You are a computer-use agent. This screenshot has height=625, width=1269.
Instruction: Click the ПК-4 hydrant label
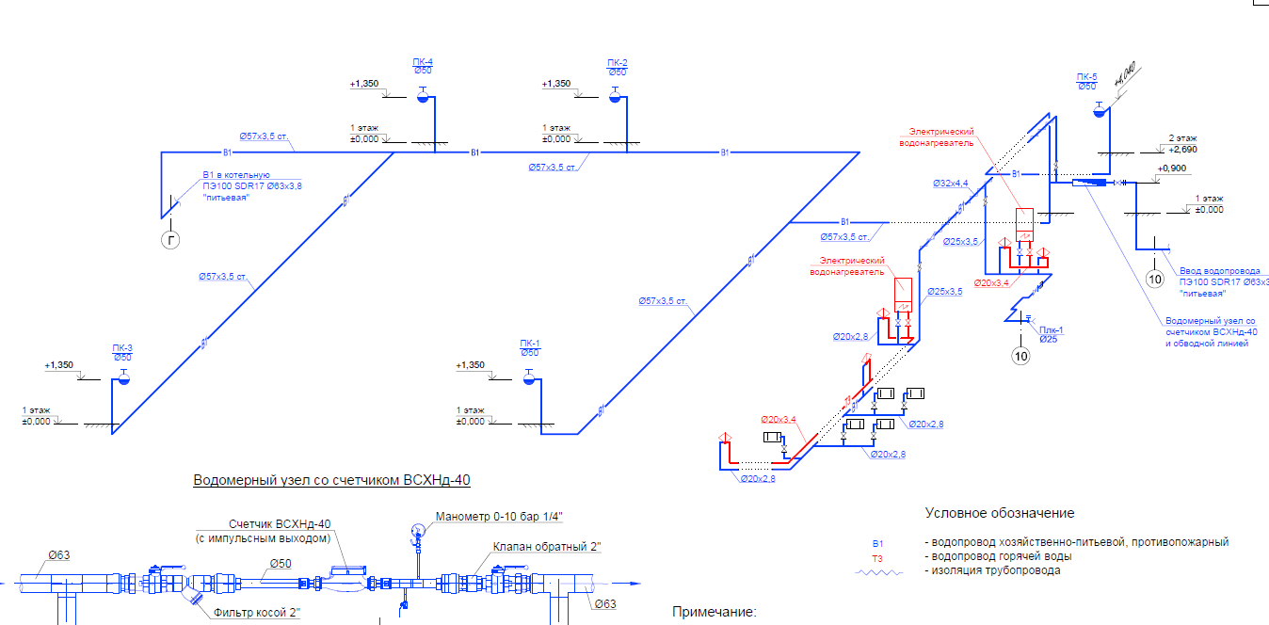[x=423, y=63]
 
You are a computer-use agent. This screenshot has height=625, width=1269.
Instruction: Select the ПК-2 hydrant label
[x=618, y=63]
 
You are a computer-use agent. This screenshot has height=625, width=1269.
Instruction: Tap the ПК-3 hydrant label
[x=121, y=348]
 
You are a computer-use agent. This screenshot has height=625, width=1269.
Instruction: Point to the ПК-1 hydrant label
[x=530, y=344]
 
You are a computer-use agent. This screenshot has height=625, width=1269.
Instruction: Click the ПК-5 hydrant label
[x=1087, y=77]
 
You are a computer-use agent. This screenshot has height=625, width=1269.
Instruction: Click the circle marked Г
[x=171, y=241]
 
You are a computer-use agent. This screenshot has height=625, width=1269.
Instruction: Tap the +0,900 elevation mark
[x=1172, y=168]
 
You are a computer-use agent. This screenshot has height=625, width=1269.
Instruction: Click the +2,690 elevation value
[x=1182, y=150]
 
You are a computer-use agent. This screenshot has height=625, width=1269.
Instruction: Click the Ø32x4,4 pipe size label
[x=951, y=183]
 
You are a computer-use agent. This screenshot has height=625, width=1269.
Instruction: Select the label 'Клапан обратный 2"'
[x=546, y=546]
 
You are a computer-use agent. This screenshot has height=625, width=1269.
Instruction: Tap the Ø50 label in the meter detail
[x=281, y=563]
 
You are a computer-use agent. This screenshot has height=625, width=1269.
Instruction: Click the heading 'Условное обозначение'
[x=999, y=513]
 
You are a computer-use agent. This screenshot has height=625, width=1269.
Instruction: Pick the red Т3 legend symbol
[x=877, y=557]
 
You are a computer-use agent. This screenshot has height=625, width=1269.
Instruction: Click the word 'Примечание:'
[x=714, y=612]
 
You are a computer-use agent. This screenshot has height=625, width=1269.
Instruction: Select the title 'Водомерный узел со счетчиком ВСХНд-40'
[x=331, y=480]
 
